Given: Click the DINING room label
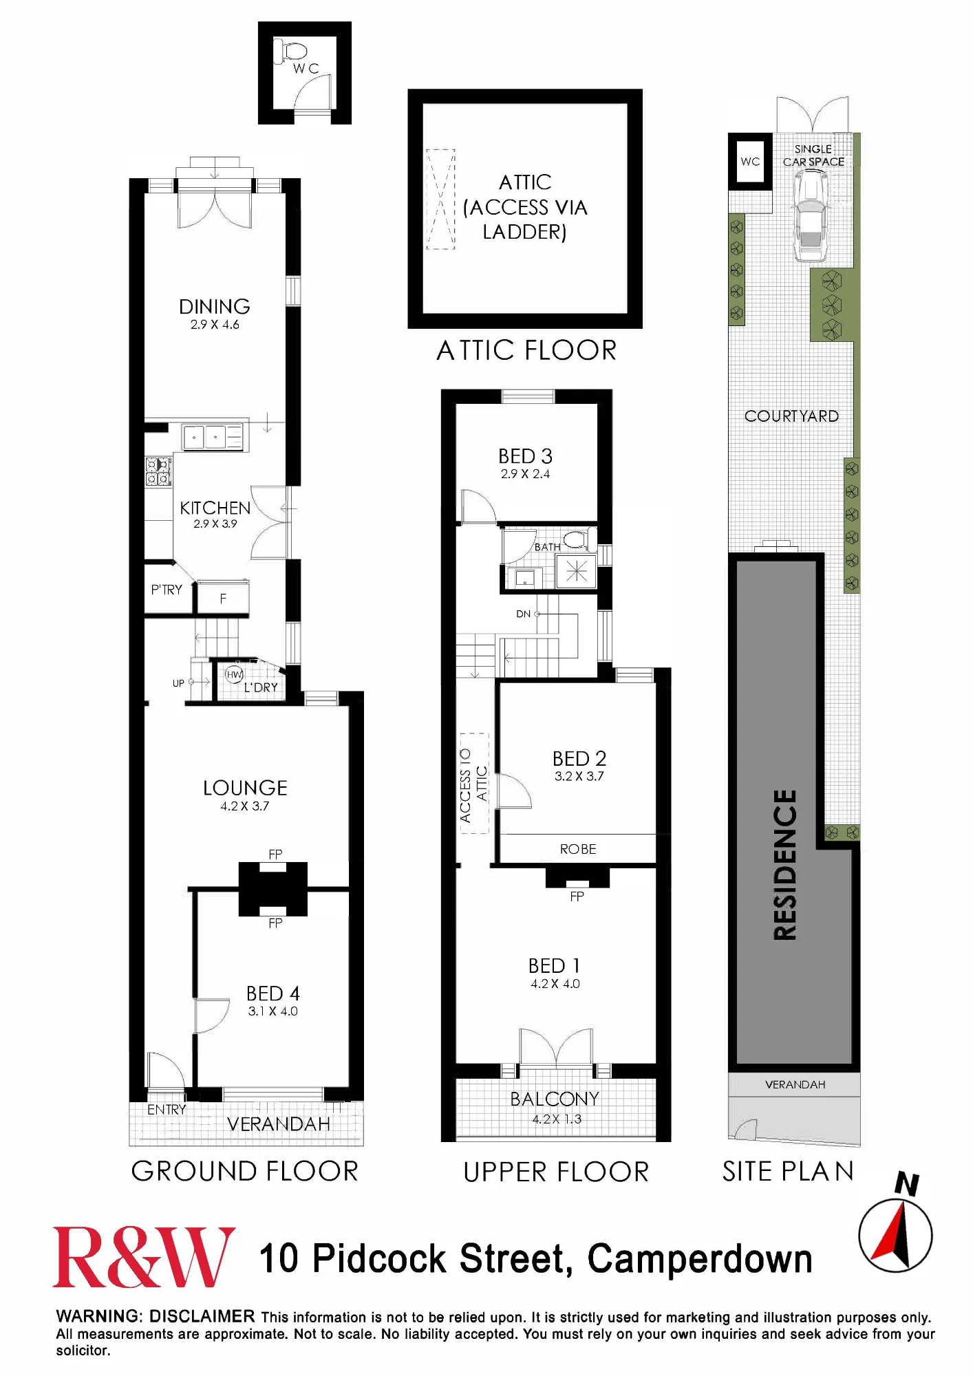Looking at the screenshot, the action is [x=214, y=306].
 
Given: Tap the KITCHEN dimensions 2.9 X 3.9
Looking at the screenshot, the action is [x=215, y=524].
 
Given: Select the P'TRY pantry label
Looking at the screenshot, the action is [x=167, y=590].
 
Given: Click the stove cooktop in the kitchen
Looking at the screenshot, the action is [x=158, y=471].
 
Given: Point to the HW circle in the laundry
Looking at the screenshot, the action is [x=235, y=674].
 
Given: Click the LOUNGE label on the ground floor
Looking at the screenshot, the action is [x=245, y=788].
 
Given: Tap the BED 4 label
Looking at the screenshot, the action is [x=273, y=993].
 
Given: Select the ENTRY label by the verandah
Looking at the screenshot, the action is [x=167, y=1110].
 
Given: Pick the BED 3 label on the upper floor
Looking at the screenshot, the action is [x=526, y=456].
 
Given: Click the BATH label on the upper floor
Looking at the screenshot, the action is [x=548, y=547].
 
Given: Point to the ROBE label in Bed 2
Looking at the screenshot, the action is [x=578, y=849].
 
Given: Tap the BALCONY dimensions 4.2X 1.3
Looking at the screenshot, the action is [x=556, y=1119].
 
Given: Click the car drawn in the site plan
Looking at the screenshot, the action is [x=811, y=215].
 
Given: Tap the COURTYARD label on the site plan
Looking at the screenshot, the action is [x=791, y=416].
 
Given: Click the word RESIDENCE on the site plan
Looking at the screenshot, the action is [x=785, y=865].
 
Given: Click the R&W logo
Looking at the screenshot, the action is [x=144, y=1257].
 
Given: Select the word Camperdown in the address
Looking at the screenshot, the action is [x=700, y=1259].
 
